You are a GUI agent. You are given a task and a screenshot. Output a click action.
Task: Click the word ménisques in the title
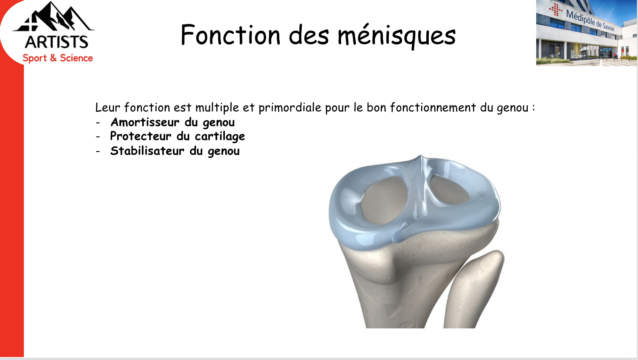coord(397,36)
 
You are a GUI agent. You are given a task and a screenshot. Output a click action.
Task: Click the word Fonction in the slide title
coord(230,35)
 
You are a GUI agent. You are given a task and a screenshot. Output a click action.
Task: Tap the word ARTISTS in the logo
coord(57,42)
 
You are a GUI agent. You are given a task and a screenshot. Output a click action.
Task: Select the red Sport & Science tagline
coord(58,58)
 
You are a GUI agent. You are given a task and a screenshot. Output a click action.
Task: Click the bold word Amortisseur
coord(145,122)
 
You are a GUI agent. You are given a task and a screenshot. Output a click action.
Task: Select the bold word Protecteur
coord(141,136)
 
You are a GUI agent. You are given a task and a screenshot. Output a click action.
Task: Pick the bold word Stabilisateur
coord(147,151)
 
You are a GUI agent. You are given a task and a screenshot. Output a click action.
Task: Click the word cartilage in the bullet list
coord(220,137)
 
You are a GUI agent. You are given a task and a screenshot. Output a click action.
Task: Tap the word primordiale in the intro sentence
coord(290,108)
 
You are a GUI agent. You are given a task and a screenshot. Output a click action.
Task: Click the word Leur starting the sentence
coord(108,107)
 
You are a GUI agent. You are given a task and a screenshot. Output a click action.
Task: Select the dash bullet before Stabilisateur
coord(98,151)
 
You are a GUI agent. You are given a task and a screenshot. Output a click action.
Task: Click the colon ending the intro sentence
coord(533,108)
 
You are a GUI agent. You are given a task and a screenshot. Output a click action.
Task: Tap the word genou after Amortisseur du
coord(219,123)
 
